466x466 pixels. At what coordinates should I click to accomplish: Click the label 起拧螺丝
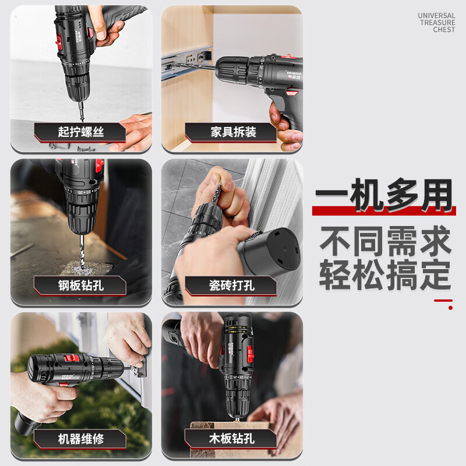(x=80, y=132)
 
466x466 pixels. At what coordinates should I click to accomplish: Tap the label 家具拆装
(x=231, y=132)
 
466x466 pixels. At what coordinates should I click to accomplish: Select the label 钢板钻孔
(x=80, y=285)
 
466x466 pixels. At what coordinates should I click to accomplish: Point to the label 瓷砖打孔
(x=231, y=285)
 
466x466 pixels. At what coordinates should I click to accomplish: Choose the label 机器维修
(x=80, y=439)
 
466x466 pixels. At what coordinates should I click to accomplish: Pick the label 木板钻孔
(x=231, y=439)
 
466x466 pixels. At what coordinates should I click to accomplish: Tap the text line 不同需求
(x=384, y=241)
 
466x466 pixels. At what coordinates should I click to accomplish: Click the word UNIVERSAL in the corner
(x=436, y=16)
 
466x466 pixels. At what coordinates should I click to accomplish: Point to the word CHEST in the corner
(x=444, y=30)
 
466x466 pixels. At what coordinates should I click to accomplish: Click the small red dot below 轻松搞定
(x=450, y=308)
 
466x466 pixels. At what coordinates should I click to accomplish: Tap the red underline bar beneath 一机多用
(x=383, y=210)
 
